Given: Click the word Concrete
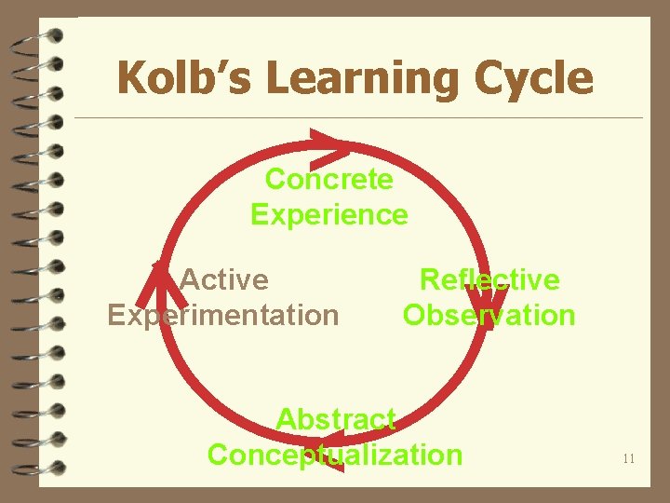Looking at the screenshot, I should point(328,178).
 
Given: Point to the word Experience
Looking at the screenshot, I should point(328,215).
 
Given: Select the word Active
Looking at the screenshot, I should point(223,279).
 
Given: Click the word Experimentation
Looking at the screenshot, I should point(223,315).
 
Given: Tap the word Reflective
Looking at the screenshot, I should point(489,279).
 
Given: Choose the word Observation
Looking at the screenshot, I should point(489,315).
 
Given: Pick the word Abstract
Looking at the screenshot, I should point(336,419).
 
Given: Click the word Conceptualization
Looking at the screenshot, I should point(335,455).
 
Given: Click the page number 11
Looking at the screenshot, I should point(628,458).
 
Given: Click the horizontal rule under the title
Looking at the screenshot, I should point(358,117).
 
